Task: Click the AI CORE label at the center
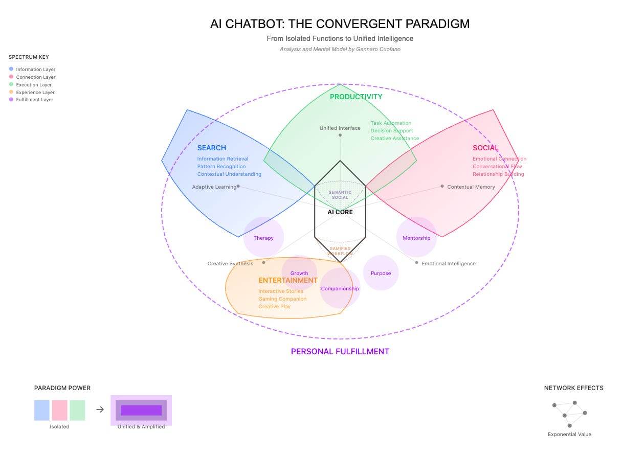click(x=340, y=212)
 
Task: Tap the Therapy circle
click(x=263, y=237)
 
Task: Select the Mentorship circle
click(x=416, y=237)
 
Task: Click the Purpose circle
click(x=381, y=273)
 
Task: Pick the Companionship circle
click(x=340, y=288)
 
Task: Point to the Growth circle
click(x=299, y=273)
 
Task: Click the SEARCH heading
click(x=211, y=148)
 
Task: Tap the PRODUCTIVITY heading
click(x=356, y=97)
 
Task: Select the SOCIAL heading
click(x=485, y=148)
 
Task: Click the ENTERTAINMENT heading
click(x=288, y=280)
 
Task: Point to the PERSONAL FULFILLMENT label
click(x=340, y=351)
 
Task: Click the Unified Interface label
click(x=340, y=128)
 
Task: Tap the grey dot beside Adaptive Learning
click(x=238, y=186)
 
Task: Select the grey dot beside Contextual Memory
click(x=442, y=186)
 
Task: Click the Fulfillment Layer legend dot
click(x=11, y=100)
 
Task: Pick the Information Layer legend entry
click(x=35, y=70)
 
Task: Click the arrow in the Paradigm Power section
click(x=100, y=409)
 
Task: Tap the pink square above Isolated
click(x=59, y=410)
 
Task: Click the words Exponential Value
click(x=569, y=435)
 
